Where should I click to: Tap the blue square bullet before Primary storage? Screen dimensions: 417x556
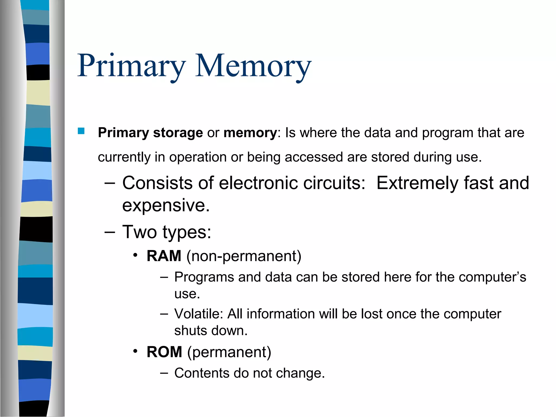point(81,131)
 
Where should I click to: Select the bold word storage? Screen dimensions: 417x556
point(178,133)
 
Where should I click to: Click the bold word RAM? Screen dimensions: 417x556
point(164,256)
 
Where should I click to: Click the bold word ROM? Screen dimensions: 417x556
point(164,352)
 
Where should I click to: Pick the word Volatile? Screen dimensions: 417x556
point(198,314)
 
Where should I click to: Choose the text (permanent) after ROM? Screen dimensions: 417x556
point(229,352)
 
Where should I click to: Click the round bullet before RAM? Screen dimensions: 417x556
point(135,255)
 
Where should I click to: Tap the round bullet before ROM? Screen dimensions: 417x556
point(135,351)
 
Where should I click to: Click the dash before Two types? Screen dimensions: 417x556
point(110,232)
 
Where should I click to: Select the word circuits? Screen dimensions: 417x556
point(334,183)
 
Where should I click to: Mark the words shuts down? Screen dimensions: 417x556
point(211,331)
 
